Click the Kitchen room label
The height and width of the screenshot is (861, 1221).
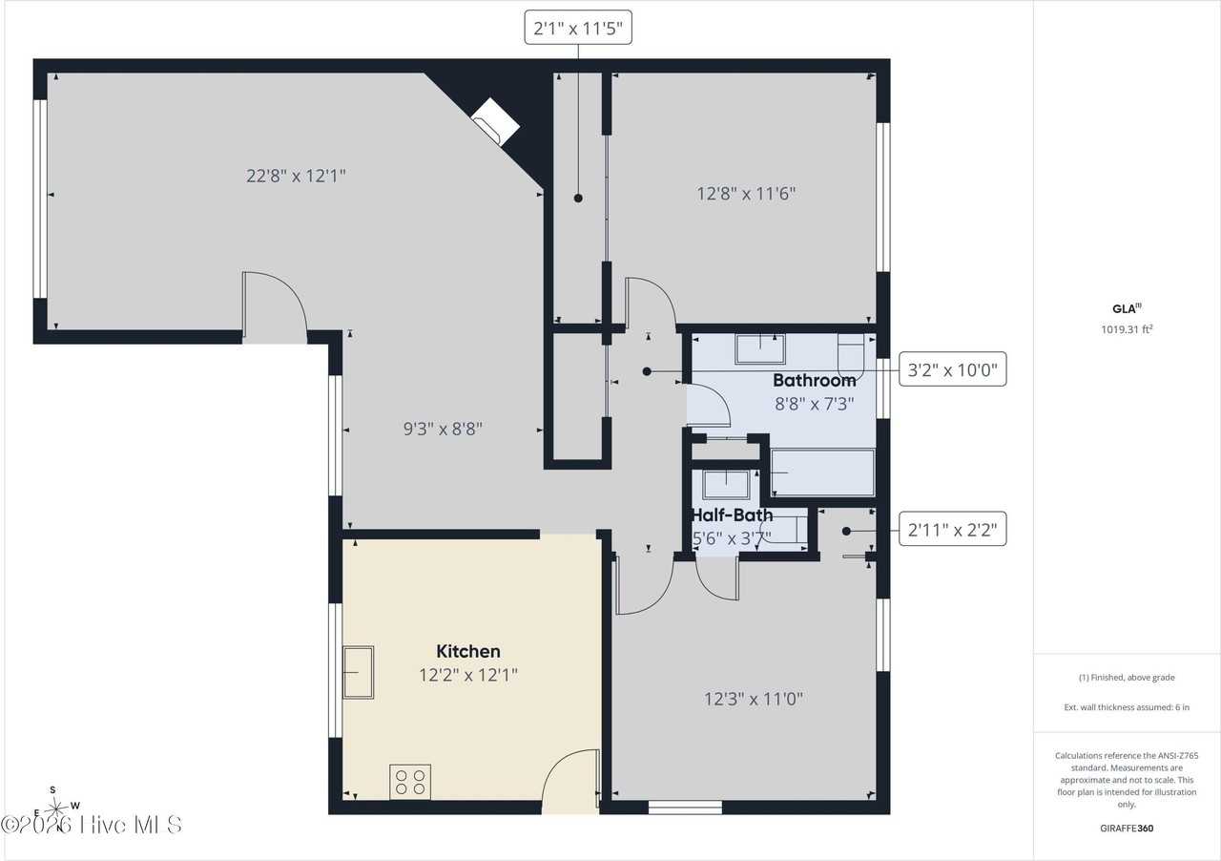coord(467,651)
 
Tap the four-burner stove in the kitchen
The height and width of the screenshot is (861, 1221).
coord(410,782)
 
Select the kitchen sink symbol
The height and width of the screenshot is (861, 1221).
coord(358,672)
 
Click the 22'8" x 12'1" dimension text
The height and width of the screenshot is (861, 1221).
coord(296,176)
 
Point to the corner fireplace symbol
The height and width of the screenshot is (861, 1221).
coord(495,121)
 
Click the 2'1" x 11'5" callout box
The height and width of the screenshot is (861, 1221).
coord(578,28)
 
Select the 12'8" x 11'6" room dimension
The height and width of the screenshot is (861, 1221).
coord(746,194)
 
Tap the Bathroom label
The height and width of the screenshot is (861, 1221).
coord(815,380)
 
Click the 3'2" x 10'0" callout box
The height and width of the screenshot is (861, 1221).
coord(952,369)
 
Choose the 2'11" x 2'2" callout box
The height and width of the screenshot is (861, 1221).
coord(952,529)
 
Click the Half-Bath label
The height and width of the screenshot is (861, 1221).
coord(732,515)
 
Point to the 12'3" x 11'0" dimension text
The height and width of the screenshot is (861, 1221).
coord(754,699)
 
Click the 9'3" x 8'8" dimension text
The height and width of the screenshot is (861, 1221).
coord(443,429)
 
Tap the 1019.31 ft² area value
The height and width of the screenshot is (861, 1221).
coord(1127,329)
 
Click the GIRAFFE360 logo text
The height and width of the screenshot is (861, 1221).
coord(1127,828)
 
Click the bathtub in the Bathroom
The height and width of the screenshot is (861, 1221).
coord(823,472)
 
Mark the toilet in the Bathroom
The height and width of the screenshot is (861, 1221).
coord(851,357)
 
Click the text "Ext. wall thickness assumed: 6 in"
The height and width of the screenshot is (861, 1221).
coord(1127,707)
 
